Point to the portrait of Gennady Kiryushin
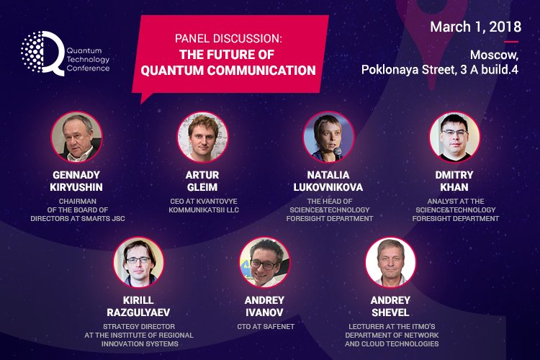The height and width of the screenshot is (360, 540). pyautogui.click(x=76, y=137)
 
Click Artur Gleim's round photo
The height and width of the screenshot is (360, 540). pyautogui.click(x=202, y=137)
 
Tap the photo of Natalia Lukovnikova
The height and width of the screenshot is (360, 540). pyautogui.click(x=329, y=137)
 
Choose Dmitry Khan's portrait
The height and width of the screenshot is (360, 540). pyautogui.click(x=454, y=137)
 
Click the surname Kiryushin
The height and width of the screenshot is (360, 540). pyautogui.click(x=76, y=186)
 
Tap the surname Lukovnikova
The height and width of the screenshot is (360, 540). pyautogui.click(x=329, y=186)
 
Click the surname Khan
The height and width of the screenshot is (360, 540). pyautogui.click(x=454, y=186)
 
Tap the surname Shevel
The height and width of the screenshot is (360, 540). pyautogui.click(x=391, y=312)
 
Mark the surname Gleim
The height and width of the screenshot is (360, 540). pyautogui.click(x=202, y=186)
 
